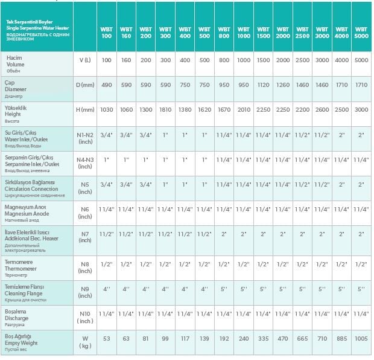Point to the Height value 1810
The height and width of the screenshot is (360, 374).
(165, 109)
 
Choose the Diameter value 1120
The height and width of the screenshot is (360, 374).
(263, 85)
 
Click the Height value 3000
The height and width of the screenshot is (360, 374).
(361, 109)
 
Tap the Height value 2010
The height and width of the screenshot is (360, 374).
(243, 109)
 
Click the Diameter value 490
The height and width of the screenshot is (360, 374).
(107, 85)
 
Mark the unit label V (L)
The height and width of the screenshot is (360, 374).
(85, 60)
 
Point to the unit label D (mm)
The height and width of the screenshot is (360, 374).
(85, 85)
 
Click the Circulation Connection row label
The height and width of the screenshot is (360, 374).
(36, 185)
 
